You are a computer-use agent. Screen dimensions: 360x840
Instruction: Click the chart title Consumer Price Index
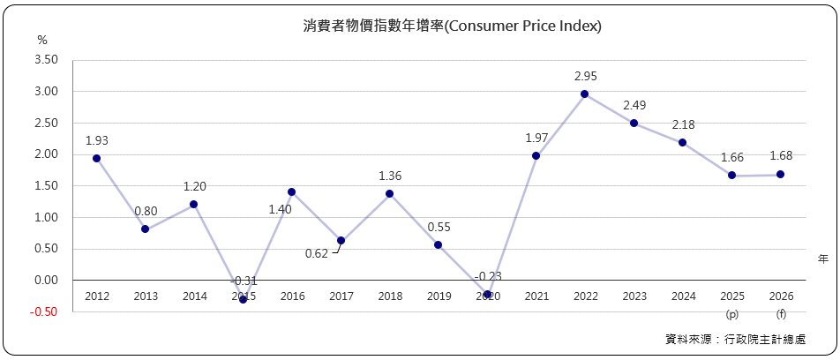(452, 26)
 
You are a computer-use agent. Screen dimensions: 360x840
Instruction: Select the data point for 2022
(585, 94)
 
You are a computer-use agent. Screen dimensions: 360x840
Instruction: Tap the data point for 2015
(243, 299)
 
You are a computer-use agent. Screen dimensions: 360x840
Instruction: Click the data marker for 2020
(487, 295)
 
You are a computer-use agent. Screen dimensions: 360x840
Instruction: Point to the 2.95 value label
(585, 76)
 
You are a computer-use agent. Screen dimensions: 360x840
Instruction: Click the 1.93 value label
(97, 140)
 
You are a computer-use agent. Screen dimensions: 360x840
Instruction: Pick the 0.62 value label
(316, 254)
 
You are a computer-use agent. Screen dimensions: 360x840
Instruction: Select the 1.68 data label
(780, 156)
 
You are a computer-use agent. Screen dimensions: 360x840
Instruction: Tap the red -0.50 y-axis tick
(44, 311)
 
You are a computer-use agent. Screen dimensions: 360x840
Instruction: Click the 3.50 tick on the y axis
(45, 60)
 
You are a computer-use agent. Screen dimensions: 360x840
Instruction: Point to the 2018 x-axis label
(389, 296)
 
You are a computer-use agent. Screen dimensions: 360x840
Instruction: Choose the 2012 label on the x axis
(97, 296)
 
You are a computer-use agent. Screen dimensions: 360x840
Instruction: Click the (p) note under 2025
(731, 313)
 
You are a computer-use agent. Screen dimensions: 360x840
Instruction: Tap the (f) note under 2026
(780, 313)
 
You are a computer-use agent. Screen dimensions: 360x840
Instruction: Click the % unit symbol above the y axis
(42, 41)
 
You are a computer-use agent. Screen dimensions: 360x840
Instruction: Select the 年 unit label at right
(822, 259)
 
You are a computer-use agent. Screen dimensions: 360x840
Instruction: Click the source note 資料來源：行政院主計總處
(738, 339)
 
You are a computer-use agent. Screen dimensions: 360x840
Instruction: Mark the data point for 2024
(683, 143)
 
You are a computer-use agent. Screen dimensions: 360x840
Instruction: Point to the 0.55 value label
(439, 227)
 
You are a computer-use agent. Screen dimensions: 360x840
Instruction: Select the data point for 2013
(146, 229)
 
